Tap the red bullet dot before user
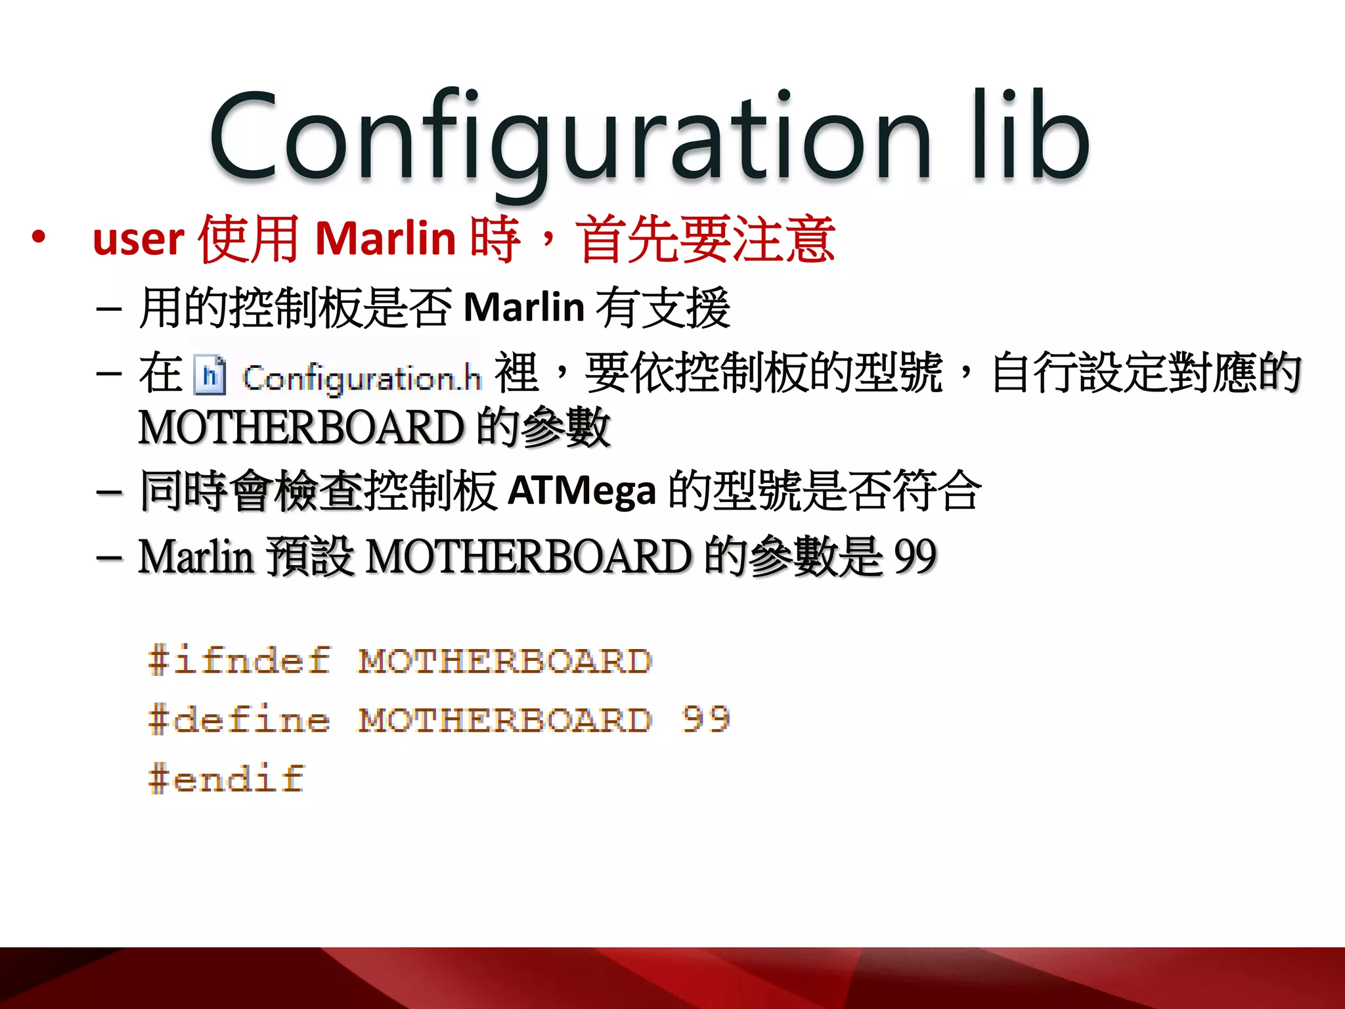click(39, 237)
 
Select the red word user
click(139, 240)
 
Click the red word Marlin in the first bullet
click(386, 238)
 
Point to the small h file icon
click(209, 376)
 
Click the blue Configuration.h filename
click(361, 379)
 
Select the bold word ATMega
click(582, 491)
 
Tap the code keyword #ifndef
click(239, 661)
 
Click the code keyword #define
click(239, 720)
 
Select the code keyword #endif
click(227, 779)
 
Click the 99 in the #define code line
click(706, 719)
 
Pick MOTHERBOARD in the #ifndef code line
click(504, 661)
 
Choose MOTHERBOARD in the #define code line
click(504, 720)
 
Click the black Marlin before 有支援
click(524, 307)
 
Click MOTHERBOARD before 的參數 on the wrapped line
click(301, 428)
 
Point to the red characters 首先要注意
click(706, 238)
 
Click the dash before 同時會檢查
click(109, 492)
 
